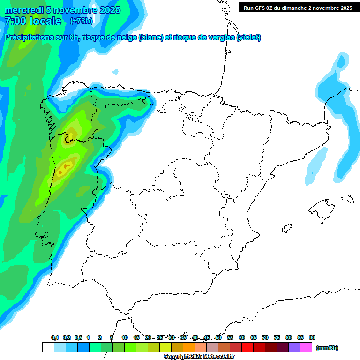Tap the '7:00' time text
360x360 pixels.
point(14,21)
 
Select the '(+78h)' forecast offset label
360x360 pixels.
point(81,21)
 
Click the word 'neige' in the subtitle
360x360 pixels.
point(125,37)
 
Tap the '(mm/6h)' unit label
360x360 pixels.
point(327,348)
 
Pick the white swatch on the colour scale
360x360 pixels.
point(47,347)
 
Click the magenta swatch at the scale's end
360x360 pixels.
point(306,347)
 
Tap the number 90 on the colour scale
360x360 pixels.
point(312,337)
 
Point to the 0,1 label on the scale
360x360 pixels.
point(55,337)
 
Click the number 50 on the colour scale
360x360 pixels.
point(218,337)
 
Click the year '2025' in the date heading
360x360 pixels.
point(109,10)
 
